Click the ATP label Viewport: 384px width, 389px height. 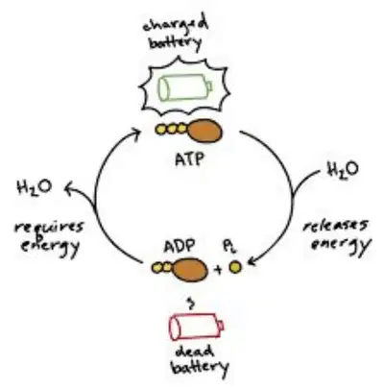click(189, 159)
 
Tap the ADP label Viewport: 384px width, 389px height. click(180, 247)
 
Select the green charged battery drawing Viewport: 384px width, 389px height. click(185, 86)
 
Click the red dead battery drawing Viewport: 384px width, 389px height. click(196, 327)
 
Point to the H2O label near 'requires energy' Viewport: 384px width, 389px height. click(35, 187)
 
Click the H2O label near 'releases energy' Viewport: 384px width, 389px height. click(343, 170)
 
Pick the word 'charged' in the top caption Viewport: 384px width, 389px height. click(176, 26)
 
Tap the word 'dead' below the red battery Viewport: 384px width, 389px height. click(195, 352)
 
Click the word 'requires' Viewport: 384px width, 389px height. click(49, 228)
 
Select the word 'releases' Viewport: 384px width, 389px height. click(335, 226)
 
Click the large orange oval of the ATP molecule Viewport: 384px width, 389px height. click(204, 131)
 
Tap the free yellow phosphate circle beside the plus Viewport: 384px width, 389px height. click(235, 267)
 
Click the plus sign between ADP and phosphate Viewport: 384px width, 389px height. click(218, 270)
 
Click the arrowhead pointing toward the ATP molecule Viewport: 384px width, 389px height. click(136, 133)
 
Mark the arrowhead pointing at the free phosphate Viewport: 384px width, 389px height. click(252, 261)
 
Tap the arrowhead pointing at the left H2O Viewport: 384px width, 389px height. click(69, 188)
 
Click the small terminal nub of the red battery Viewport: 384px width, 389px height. click(221, 326)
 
